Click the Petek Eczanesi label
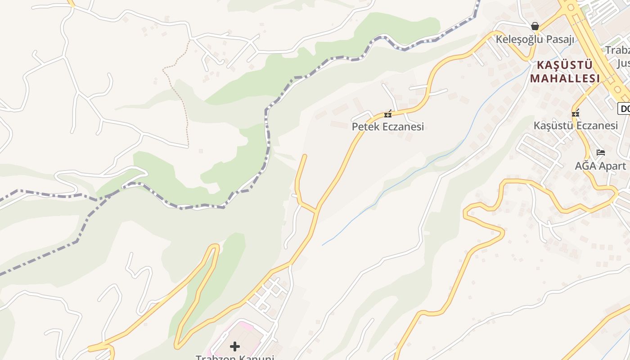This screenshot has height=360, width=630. [x=387, y=126]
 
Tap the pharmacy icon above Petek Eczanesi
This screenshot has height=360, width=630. [x=387, y=114]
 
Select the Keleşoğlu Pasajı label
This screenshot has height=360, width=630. [x=535, y=39]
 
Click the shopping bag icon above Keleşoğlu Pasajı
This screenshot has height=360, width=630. [x=535, y=26]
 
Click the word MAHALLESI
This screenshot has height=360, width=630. [x=565, y=78]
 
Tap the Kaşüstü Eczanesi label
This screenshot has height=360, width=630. [x=576, y=125]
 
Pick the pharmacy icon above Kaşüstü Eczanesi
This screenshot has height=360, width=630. [x=575, y=113]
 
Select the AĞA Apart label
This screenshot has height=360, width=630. [x=600, y=166]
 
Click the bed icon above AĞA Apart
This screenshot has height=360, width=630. [x=600, y=153]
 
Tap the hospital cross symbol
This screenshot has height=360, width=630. [x=235, y=346]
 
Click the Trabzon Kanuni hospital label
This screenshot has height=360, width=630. [x=234, y=357]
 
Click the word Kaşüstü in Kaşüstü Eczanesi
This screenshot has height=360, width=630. [x=552, y=125]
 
